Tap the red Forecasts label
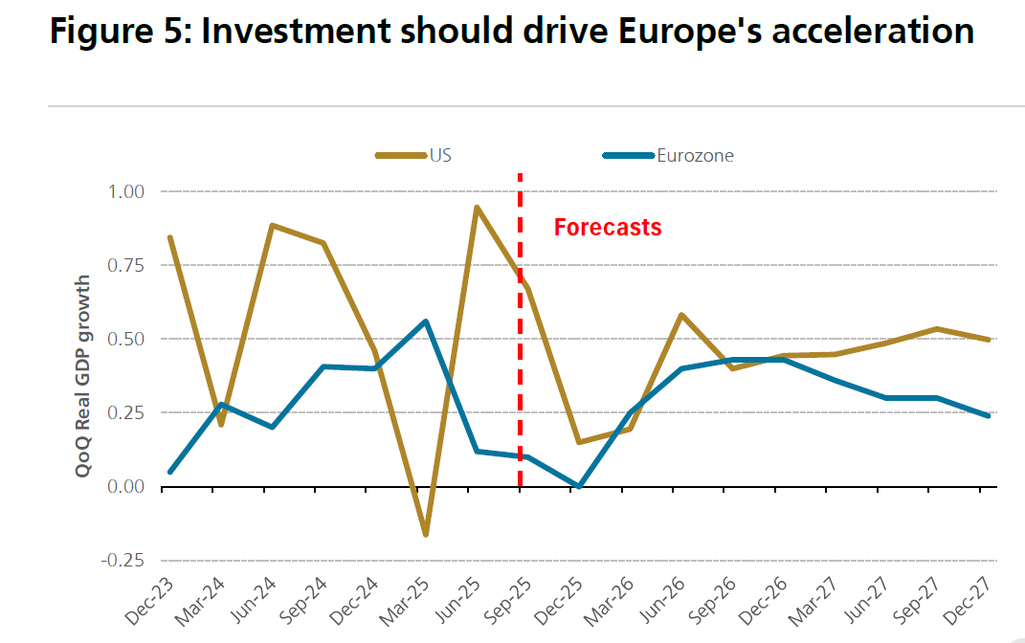(x=608, y=228)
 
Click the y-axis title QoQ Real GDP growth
(x=83, y=375)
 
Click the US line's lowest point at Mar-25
(x=426, y=534)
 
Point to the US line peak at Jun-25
(x=477, y=208)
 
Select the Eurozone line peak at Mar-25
(x=426, y=321)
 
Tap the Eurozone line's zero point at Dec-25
(x=579, y=486)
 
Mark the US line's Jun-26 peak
(x=680, y=315)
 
